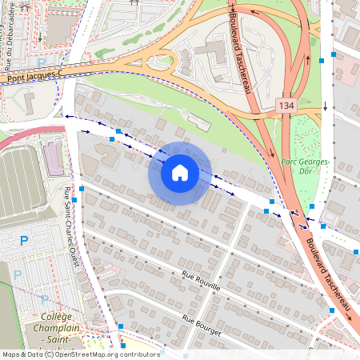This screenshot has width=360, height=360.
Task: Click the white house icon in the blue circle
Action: tap(180, 173)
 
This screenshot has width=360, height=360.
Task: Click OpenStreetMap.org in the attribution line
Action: tap(87, 354)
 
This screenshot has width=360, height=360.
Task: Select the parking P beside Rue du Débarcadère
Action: tap(42, 63)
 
